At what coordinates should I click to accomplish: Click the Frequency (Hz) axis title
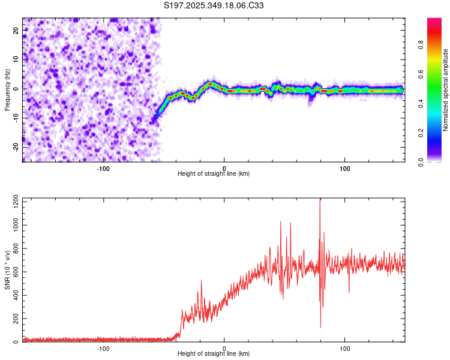(7, 89)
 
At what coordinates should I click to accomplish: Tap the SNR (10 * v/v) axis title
(7, 269)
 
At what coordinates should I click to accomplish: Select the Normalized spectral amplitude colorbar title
(446, 89)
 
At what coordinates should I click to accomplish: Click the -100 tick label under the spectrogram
(103, 168)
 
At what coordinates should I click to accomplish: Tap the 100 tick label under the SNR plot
(345, 349)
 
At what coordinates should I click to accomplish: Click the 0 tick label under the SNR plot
(224, 349)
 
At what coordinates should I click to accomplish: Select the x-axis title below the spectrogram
(214, 174)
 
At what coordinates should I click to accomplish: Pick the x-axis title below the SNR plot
(214, 355)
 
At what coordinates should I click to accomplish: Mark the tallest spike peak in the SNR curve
(320, 200)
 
